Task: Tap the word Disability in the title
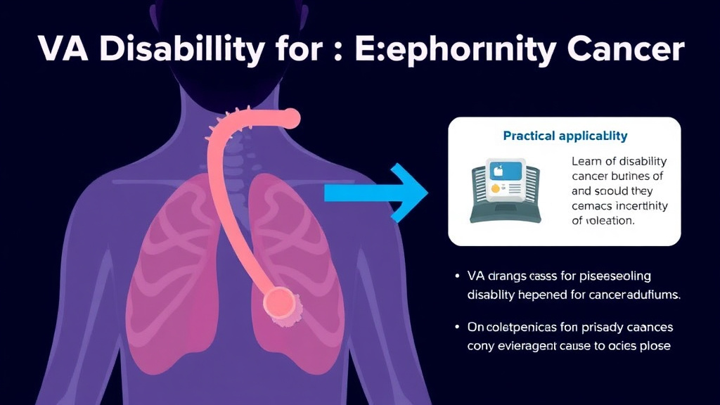pos(177,51)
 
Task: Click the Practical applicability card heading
pos(565,135)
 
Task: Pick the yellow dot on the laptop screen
pos(495,188)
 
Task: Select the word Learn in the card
pos(587,161)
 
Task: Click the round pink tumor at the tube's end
pos(282,303)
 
